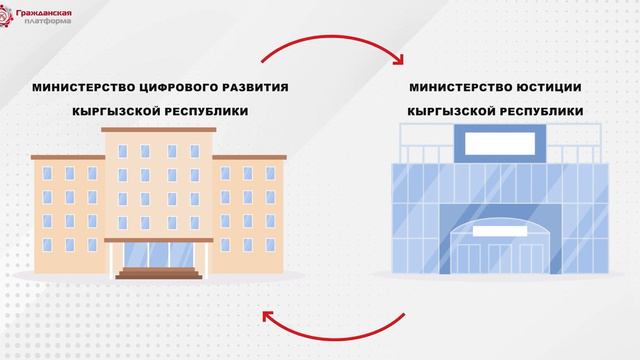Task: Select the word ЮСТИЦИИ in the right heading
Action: click(545, 87)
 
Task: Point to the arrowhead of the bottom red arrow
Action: click(267, 319)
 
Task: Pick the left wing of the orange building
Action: click(67, 213)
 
